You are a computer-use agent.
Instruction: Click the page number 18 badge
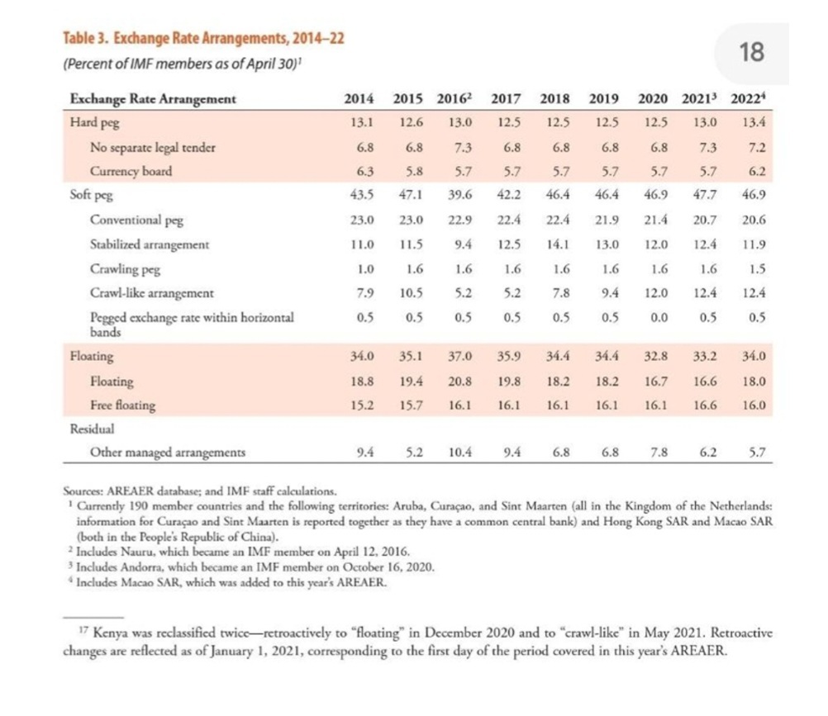click(x=751, y=52)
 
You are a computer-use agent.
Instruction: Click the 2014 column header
click(x=359, y=99)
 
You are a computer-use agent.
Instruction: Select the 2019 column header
click(x=603, y=99)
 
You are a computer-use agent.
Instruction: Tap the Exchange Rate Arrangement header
click(x=153, y=99)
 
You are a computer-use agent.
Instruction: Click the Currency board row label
click(x=131, y=172)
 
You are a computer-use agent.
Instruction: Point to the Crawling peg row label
click(x=125, y=269)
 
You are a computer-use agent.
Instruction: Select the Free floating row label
click(x=122, y=405)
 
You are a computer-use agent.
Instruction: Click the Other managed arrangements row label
click(x=168, y=453)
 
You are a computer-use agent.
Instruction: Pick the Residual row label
click(x=92, y=429)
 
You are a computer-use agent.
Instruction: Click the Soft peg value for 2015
click(x=411, y=195)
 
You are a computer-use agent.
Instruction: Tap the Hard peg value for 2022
click(x=754, y=122)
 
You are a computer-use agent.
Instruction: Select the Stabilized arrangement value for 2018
click(x=558, y=244)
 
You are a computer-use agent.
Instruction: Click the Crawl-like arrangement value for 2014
click(x=365, y=293)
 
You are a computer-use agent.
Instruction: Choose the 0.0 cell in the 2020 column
click(x=659, y=317)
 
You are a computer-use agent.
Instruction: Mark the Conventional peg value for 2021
click(x=704, y=220)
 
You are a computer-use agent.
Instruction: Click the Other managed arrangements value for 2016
click(x=460, y=453)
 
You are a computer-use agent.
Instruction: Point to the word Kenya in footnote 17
click(x=110, y=633)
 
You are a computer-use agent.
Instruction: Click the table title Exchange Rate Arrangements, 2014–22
click(x=229, y=38)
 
